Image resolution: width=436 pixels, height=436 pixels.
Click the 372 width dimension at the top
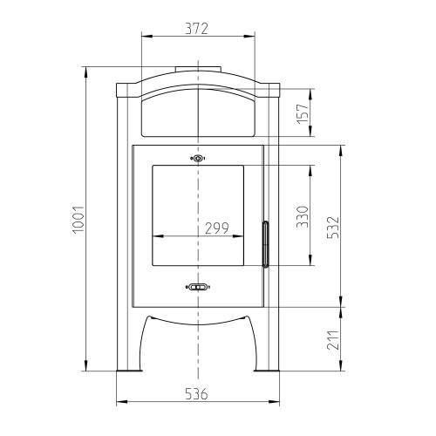(x=197, y=29)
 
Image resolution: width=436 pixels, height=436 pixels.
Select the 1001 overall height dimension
(x=78, y=220)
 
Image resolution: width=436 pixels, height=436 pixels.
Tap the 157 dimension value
(x=303, y=113)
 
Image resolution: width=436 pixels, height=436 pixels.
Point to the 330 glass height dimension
(x=303, y=216)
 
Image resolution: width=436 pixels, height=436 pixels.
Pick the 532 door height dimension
(x=333, y=228)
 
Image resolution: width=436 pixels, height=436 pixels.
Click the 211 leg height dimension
(x=333, y=340)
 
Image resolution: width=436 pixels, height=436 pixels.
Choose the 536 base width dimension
(x=197, y=394)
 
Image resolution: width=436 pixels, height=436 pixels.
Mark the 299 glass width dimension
(x=217, y=228)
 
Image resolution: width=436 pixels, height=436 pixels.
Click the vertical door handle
(x=266, y=244)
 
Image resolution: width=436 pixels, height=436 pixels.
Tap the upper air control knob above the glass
(x=198, y=159)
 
